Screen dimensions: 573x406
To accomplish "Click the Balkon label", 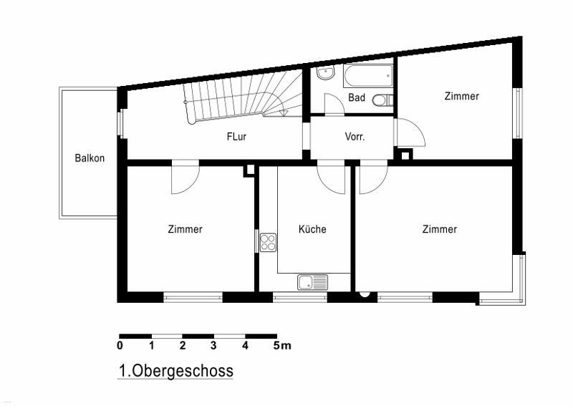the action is click(90, 158).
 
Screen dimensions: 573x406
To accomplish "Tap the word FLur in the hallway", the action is click(236, 137).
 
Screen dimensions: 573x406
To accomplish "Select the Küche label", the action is click(312, 229).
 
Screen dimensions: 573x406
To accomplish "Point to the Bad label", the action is click(356, 97).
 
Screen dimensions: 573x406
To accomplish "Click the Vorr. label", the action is click(355, 137).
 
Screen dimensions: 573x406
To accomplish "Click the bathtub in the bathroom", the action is click(368, 76).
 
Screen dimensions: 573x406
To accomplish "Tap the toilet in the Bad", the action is click(382, 100).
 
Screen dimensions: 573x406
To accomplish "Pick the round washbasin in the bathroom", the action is click(325, 74).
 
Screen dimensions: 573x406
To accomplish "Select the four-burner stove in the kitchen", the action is click(268, 243).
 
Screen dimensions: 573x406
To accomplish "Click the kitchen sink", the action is click(312, 282).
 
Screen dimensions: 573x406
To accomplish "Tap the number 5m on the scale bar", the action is click(281, 345).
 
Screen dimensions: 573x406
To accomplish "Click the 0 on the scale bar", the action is click(120, 345).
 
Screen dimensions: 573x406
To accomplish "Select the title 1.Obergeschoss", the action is click(175, 370).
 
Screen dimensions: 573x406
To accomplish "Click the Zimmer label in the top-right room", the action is click(461, 96).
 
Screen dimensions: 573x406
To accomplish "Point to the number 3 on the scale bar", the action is click(213, 345).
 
